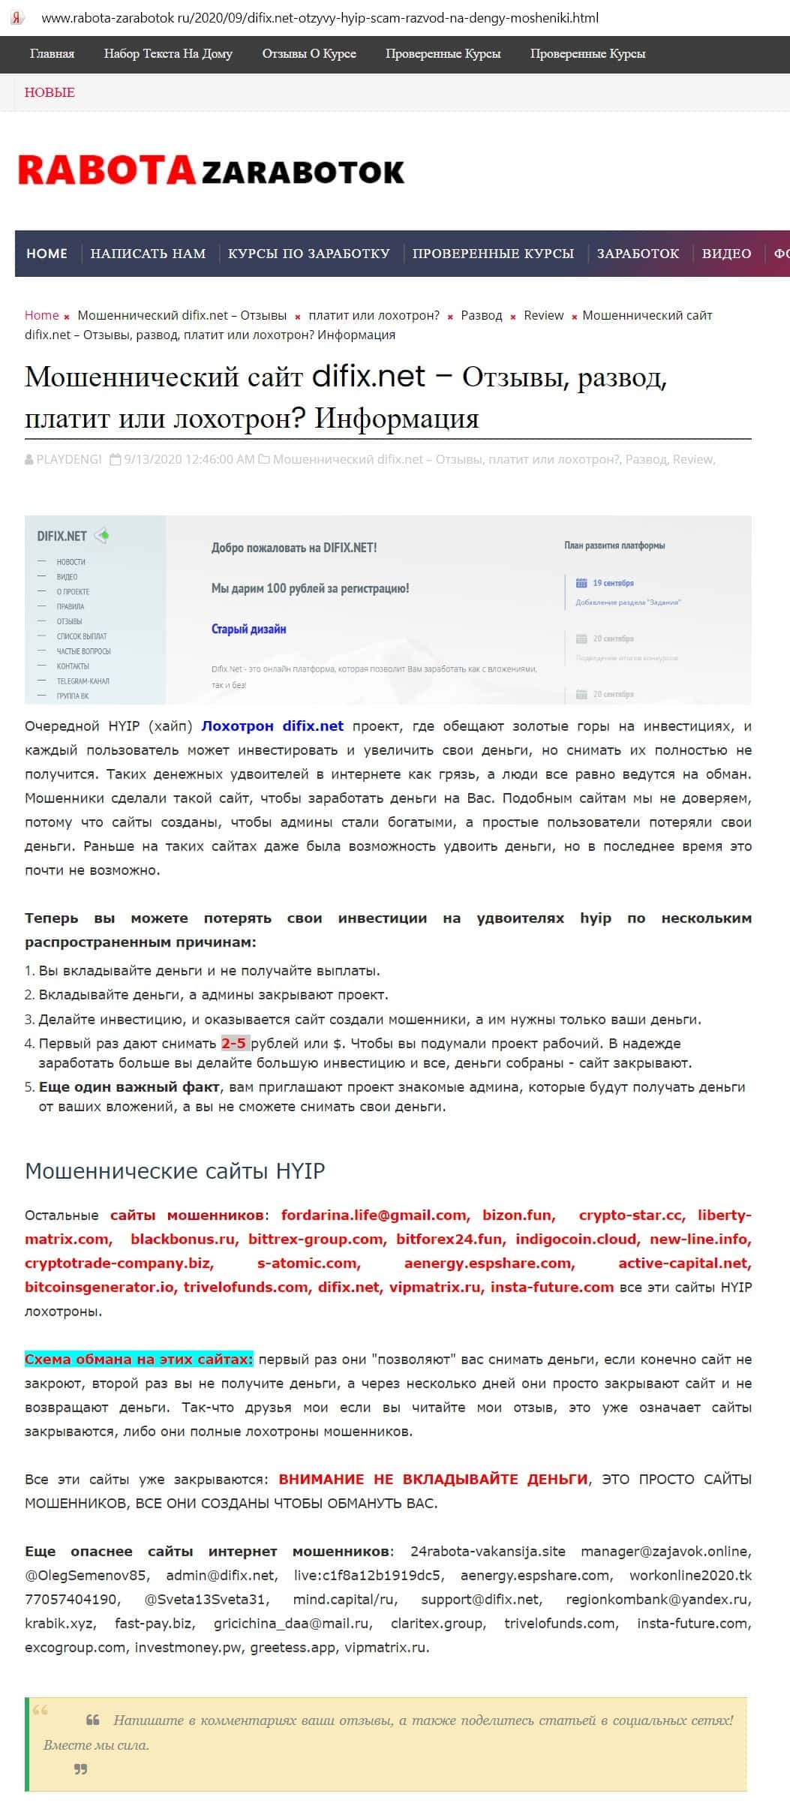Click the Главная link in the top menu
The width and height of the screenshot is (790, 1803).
coord(52,54)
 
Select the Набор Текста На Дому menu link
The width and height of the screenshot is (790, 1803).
coord(168,54)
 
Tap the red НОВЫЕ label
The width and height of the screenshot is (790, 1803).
coord(50,93)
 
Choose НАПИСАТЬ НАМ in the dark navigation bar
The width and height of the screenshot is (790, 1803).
coord(148,254)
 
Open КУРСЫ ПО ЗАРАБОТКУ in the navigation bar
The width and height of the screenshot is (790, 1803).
coord(308,254)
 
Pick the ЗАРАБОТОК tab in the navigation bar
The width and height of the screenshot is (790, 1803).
coord(638,254)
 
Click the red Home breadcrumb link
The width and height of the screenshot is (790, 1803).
coord(42,315)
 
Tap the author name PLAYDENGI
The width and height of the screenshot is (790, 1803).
coord(68,459)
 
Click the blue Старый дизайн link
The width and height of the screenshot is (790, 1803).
coord(248,629)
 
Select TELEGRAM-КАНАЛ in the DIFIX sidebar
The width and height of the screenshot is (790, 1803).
coord(83,681)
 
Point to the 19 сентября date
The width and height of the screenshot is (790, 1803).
coord(613,583)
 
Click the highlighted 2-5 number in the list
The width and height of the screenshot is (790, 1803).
coord(233,1043)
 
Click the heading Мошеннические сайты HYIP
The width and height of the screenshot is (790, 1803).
coord(175,1171)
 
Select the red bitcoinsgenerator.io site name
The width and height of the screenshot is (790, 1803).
coord(100,1287)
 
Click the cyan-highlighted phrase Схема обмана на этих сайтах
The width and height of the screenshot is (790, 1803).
coord(139,1359)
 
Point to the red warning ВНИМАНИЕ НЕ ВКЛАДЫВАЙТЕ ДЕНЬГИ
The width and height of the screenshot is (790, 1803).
coord(433,1479)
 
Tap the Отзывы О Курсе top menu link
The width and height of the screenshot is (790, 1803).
coord(309,54)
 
